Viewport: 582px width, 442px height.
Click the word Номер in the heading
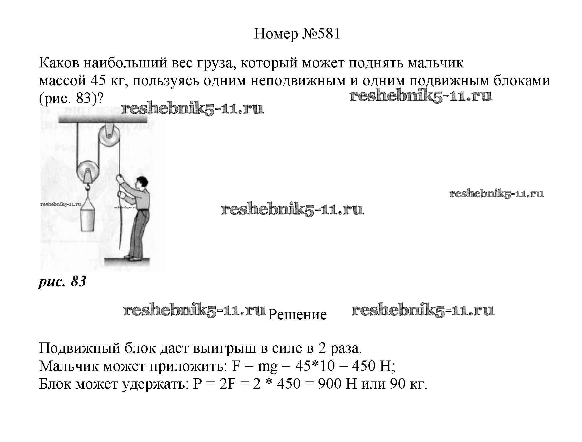276,34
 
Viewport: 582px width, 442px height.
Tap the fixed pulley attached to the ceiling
109,138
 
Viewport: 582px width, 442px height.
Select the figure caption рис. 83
62,281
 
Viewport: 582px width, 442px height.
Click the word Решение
297,315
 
